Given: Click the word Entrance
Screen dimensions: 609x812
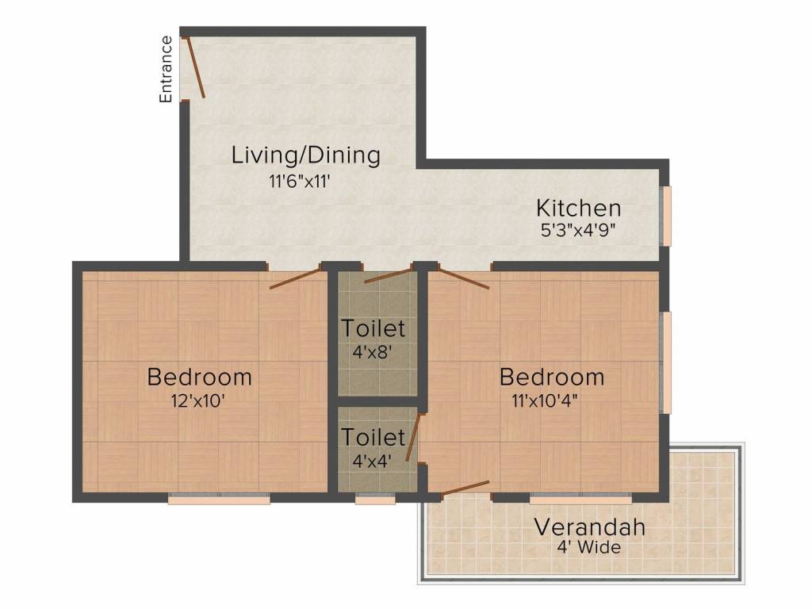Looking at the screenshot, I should tap(166, 70).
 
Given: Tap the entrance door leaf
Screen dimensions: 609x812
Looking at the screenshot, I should tap(195, 68).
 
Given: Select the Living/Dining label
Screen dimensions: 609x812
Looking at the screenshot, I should tap(305, 155).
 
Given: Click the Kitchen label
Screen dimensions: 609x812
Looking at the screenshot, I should tap(578, 209).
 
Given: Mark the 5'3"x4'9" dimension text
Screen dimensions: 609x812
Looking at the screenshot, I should tap(578, 230).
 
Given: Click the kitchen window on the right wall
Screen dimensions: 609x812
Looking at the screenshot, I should tap(667, 216).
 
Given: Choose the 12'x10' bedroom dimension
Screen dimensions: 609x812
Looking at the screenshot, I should tap(200, 400).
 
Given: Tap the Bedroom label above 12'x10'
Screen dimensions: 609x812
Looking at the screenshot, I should tap(200, 377).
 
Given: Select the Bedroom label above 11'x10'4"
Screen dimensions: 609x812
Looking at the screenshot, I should tap(552, 377).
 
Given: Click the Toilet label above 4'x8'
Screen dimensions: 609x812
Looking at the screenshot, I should tap(373, 327).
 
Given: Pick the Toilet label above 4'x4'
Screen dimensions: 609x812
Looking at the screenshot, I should tap(373, 437).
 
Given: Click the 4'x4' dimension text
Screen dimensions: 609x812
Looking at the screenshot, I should tap(373, 460).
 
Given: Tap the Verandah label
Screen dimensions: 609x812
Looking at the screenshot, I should tap(589, 527).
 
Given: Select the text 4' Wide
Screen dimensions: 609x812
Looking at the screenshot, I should tap(588, 548).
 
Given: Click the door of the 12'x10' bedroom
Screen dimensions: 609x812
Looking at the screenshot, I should tap(295, 278).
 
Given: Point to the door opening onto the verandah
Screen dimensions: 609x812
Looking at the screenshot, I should tap(465, 488).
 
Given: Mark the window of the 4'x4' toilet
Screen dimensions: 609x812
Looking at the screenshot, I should tap(375, 500).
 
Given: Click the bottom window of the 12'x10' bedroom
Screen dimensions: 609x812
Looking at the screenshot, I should tap(219, 500).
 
